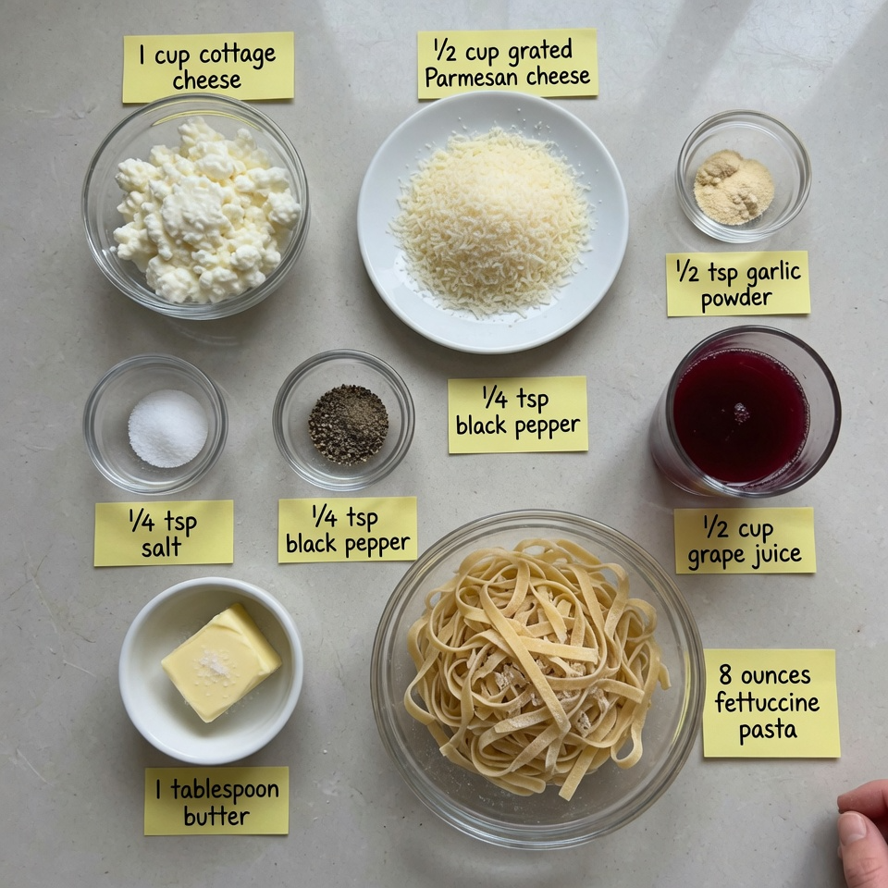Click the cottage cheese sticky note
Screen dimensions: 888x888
coord(208,67)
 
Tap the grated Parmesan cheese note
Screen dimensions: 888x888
coord(507,63)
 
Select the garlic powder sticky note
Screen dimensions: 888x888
coord(737,283)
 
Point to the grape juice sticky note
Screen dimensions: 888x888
coord(744,540)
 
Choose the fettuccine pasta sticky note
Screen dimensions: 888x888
coord(771,702)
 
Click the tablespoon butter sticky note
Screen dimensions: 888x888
coord(216,800)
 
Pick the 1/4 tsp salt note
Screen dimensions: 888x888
coord(163,533)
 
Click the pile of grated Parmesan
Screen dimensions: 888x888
coord(492,220)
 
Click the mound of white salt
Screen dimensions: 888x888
coord(167,427)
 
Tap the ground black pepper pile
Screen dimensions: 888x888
coord(348,424)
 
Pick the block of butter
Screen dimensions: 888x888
coord(220,660)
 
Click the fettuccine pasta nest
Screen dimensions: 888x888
coord(535,666)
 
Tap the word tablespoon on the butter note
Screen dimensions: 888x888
coord(226,789)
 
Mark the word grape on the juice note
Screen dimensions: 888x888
coord(717,558)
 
